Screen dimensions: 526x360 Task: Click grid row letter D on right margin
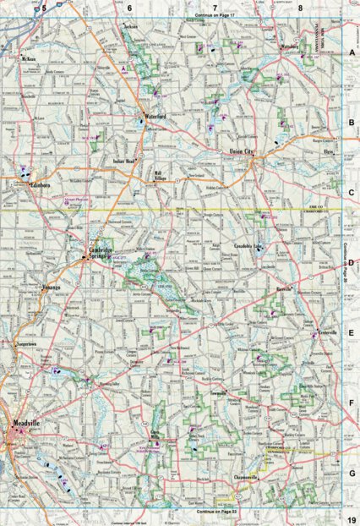pos(351,262)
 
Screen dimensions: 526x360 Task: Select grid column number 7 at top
pos(215,8)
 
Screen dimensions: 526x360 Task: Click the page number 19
pos(350,518)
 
